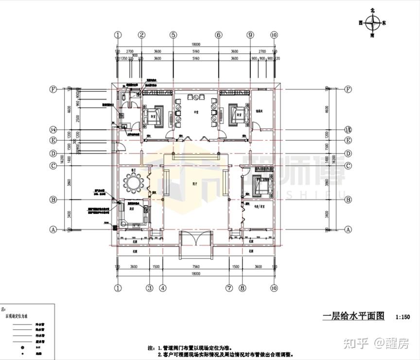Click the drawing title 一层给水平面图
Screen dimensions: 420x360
(353, 316)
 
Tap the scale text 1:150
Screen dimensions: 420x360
(403, 317)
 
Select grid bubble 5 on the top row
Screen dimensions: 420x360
(173, 35)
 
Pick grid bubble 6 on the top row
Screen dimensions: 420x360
(219, 35)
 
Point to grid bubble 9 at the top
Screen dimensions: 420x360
(250, 35)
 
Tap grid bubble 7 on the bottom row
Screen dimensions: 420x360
(229, 288)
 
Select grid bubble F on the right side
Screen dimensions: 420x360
(348, 89)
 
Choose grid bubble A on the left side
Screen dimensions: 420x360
(54, 229)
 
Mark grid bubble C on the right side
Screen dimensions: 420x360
(348, 166)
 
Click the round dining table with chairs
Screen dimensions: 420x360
(132, 183)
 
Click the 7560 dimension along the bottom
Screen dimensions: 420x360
(196, 267)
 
